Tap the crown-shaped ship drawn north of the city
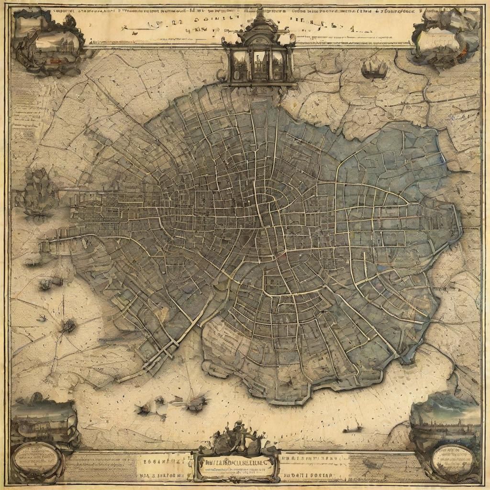(x=374, y=69)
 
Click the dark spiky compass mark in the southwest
(x=68, y=326)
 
